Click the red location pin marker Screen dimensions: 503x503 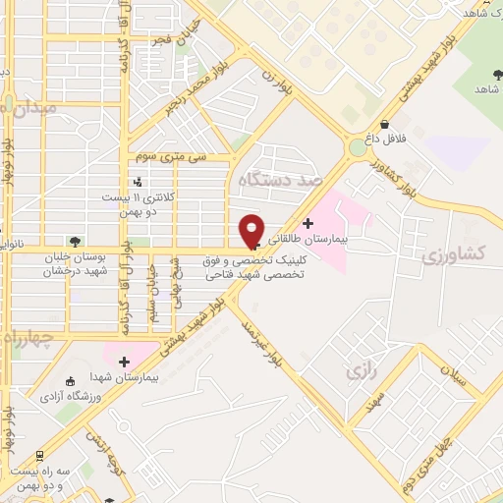coord(252,229)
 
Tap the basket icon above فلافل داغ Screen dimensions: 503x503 coord(389,125)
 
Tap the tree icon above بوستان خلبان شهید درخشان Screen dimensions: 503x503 coord(75,239)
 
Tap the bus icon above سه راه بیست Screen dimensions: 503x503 coord(38,457)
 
